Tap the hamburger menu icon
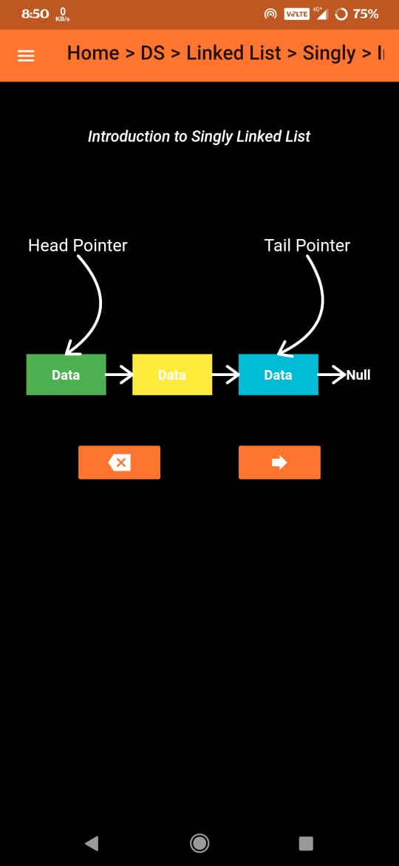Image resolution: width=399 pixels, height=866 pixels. (x=27, y=56)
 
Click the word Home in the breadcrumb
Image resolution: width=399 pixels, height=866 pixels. (x=93, y=53)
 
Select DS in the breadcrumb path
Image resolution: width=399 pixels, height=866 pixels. (x=153, y=53)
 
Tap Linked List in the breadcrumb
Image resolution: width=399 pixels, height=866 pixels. (x=233, y=53)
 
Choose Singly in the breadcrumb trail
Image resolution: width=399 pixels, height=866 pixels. (x=329, y=54)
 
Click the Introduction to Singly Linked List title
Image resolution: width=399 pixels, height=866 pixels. (x=199, y=136)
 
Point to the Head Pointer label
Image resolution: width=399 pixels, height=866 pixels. (x=78, y=245)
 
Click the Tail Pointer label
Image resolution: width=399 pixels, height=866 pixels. (x=307, y=245)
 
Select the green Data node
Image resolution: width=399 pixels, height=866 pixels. (x=66, y=375)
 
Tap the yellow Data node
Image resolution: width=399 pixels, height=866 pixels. (x=172, y=375)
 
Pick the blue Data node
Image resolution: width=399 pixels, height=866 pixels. (x=279, y=375)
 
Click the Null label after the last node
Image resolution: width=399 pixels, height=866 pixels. (x=358, y=375)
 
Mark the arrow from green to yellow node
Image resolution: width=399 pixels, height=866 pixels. (x=119, y=375)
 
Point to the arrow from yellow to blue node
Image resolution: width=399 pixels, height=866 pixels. (x=225, y=375)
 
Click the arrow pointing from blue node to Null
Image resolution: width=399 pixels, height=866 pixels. (x=332, y=375)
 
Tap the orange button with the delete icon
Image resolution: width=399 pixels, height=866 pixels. (x=119, y=463)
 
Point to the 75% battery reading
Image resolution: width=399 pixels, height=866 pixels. (x=366, y=14)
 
